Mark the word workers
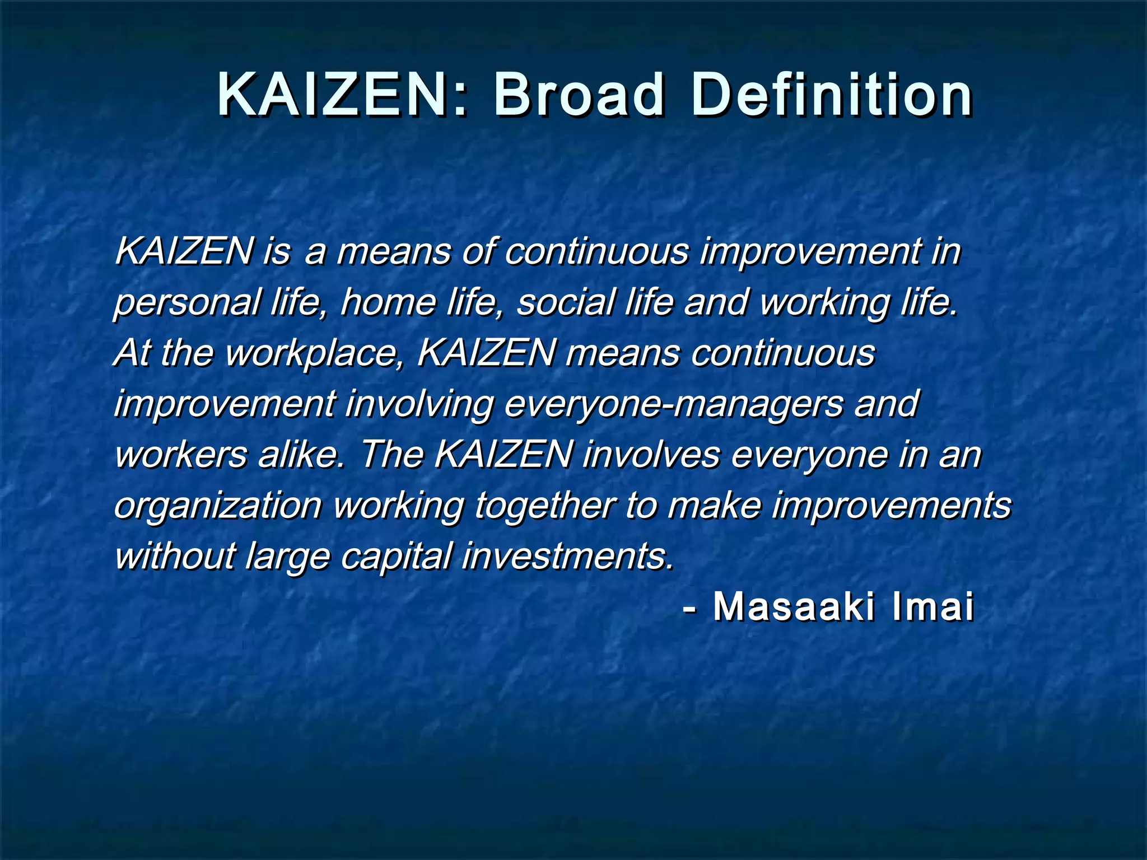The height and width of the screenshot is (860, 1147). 180,455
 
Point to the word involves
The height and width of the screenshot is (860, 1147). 651,455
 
